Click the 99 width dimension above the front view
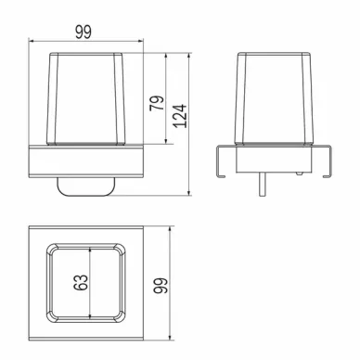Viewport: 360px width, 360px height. point(84,32)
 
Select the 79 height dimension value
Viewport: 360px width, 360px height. point(157,103)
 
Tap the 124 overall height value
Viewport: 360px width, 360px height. point(180,116)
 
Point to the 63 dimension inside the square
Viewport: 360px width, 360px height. point(81,282)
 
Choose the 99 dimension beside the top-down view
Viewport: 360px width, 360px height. point(161,285)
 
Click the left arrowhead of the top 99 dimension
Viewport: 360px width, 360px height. point(31,41)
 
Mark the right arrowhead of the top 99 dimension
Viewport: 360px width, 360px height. point(141,41)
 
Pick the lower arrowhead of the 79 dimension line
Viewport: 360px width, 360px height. point(166,141)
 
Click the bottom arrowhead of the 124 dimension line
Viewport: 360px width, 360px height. point(189,193)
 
